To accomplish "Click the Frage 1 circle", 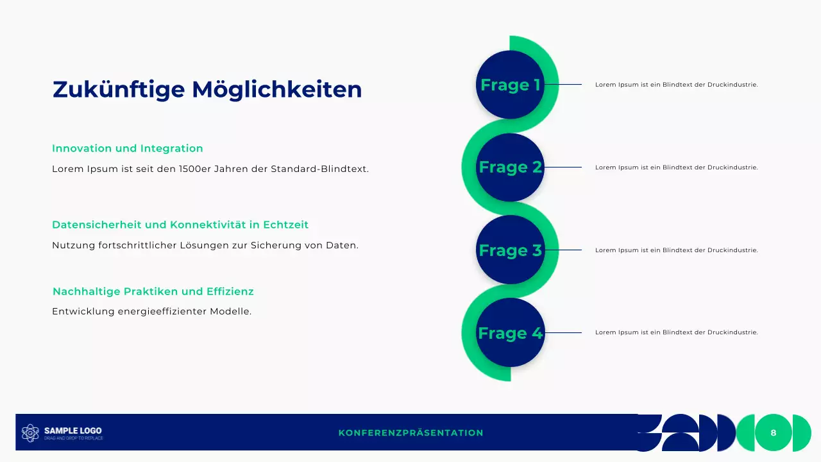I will pos(510,85).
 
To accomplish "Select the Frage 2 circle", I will pos(510,167).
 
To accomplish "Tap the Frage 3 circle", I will pos(510,250).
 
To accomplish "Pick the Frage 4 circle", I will pos(510,332).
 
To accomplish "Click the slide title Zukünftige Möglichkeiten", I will pos(207,89).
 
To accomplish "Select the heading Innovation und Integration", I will pos(127,148).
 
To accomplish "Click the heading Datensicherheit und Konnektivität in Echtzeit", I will pos(180,225).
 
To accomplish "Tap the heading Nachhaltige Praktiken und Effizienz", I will pos(153,291).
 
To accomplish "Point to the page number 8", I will pos(774,433).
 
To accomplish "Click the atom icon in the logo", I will pos(30,433).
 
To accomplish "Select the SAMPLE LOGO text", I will pos(72,431).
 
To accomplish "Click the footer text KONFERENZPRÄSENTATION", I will pos(410,433).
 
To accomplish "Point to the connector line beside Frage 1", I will pos(563,84).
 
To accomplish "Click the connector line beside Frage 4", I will pos(563,332).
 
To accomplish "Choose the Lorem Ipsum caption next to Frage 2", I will pos(676,167).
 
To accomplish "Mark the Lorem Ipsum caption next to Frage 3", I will pos(676,250).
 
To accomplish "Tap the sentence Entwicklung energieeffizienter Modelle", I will pos(151,312).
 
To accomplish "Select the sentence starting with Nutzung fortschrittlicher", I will pos(205,245).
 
